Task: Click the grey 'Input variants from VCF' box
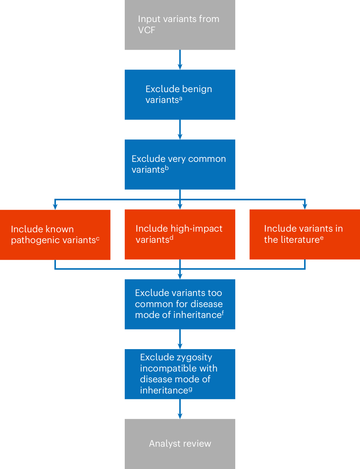pyautogui.click(x=180, y=25)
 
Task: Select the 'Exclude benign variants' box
pyautogui.click(x=180, y=94)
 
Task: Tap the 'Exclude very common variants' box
pyautogui.click(x=180, y=164)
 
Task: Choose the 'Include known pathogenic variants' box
pyautogui.click(x=55, y=235)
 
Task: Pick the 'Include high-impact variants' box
pyautogui.click(x=180, y=234)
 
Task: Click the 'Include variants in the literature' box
pyautogui.click(x=304, y=234)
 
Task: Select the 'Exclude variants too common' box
pyautogui.click(x=180, y=304)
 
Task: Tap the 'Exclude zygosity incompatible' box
pyautogui.click(x=180, y=374)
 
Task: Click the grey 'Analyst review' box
pyautogui.click(x=180, y=444)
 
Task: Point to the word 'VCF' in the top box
pyautogui.click(x=146, y=30)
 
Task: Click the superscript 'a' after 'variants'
pyautogui.click(x=181, y=98)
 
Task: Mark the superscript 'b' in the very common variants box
pyautogui.click(x=166, y=168)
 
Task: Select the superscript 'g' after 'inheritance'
pyautogui.click(x=190, y=389)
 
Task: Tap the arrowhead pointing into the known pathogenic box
pyautogui.click(x=55, y=207)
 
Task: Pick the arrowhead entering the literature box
pyautogui.click(x=305, y=206)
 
